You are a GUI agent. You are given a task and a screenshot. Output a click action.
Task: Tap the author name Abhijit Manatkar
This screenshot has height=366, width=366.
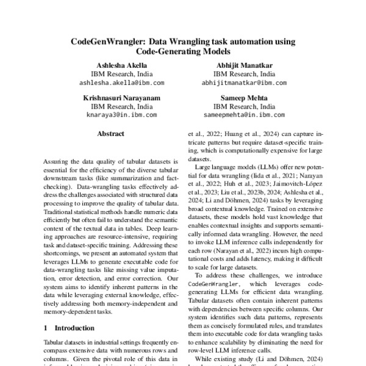pos(245,65)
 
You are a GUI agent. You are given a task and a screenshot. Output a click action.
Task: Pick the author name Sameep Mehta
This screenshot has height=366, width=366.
pos(245,96)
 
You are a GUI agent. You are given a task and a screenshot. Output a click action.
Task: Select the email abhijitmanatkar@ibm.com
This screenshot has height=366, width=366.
pos(245,81)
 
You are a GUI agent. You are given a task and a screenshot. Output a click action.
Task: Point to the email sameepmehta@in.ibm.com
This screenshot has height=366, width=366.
pos(245,113)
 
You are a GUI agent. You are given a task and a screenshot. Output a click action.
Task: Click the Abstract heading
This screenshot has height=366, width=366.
pos(110,134)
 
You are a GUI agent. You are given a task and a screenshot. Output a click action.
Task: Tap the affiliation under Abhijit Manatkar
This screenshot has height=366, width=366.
pos(245,73)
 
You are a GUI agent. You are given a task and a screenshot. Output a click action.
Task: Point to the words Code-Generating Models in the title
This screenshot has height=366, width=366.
pos(183,52)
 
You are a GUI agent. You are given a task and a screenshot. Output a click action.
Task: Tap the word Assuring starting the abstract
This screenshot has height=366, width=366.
pos(58,162)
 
